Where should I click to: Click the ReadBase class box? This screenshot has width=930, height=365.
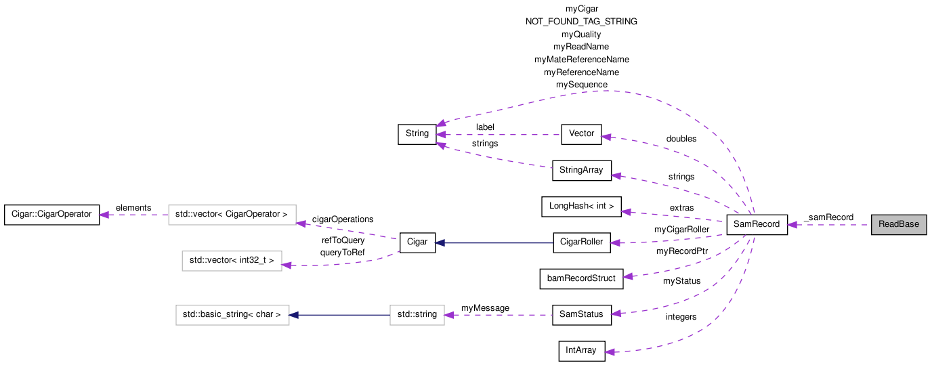(898, 225)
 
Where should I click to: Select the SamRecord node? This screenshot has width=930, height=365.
(757, 225)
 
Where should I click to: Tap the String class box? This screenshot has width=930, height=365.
(417, 134)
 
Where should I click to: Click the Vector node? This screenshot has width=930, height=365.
(581, 134)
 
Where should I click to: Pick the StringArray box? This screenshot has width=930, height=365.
(582, 170)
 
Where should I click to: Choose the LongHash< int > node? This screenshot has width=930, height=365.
(581, 207)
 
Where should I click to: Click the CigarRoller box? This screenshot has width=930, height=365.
(581, 242)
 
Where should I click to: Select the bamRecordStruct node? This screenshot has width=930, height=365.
(581, 278)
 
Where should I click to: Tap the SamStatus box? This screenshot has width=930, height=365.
(581, 314)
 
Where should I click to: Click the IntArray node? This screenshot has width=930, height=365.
(581, 351)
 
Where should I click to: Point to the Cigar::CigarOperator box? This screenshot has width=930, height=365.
(51, 215)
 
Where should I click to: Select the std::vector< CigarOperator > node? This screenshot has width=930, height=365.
(232, 215)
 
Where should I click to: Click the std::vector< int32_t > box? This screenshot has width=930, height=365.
(232, 261)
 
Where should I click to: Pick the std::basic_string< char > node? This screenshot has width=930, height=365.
(232, 314)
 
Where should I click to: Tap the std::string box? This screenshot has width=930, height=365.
(417, 314)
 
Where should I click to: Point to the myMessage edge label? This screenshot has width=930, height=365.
(485, 308)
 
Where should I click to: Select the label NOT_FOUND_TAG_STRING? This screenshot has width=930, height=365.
(581, 22)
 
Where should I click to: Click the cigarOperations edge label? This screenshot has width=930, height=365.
(342, 219)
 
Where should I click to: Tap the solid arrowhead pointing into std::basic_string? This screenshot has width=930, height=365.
(295, 314)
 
